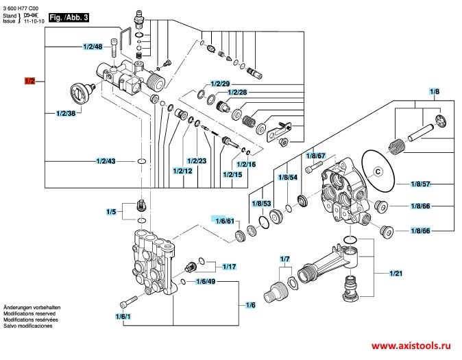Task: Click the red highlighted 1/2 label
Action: click(30, 81)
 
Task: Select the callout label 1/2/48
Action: click(93, 47)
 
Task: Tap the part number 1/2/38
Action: click(66, 113)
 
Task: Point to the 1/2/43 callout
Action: click(106, 161)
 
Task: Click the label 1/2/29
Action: click(221, 84)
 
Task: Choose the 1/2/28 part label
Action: click(237, 92)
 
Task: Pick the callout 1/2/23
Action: click(197, 160)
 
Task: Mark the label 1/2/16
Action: click(246, 165)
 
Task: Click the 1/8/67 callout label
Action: click(315, 156)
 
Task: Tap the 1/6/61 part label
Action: click(226, 221)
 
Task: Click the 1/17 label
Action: click(230, 266)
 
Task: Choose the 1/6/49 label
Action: click(206, 282)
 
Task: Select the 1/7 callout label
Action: click(286, 259)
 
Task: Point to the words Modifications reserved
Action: click(31, 312)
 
